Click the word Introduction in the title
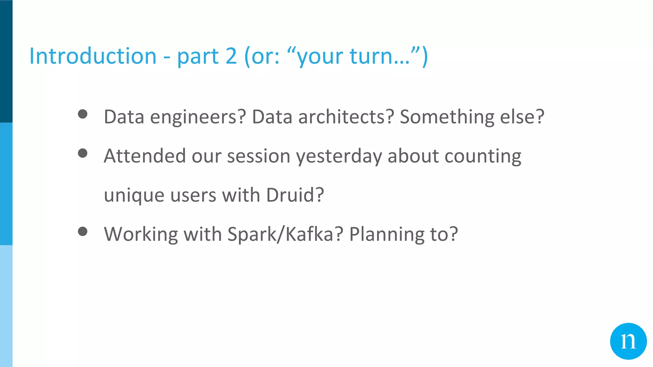coord(93,56)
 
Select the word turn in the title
coord(371,56)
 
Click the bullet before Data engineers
coord(83,114)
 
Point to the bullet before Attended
coord(83,153)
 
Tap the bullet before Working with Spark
coord(83,231)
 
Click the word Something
coord(447,117)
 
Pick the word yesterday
coord(339,156)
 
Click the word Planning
coord(386,234)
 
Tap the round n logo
coord(628,341)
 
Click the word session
coord(258,156)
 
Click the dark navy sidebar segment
coord(6,61)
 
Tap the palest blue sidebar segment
coord(6,306)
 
